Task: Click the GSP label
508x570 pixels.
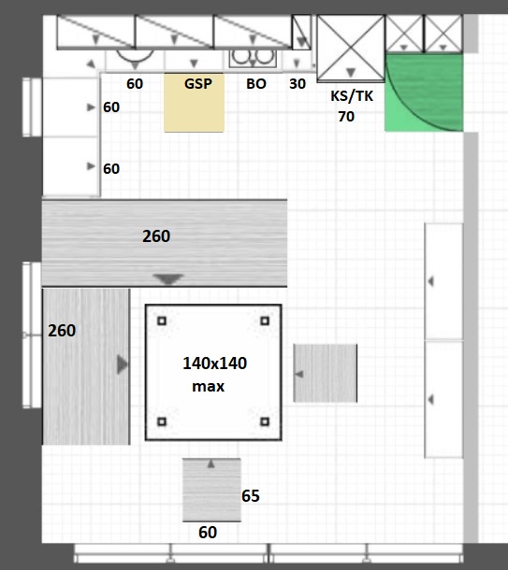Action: pos(198,84)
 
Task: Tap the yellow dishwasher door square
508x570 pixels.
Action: pos(194,103)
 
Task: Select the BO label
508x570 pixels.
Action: pos(256,84)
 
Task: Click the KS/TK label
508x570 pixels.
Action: pos(352,96)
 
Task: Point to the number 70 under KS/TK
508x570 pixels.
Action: pos(346,117)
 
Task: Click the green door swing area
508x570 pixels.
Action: pos(424,93)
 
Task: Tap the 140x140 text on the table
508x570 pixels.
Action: pos(214,363)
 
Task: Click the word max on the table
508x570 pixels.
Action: pos(208,387)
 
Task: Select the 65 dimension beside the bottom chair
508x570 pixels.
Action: pos(251,496)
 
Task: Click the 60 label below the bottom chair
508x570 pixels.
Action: pos(208,533)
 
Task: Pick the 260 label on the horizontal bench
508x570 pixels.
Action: pos(156,236)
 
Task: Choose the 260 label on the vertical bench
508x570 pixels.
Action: pos(62,331)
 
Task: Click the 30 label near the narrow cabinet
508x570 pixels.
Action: pos(298,84)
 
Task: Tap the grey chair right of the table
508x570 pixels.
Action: pos(326,373)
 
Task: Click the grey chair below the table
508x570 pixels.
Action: pos(211,490)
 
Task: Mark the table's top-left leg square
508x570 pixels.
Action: pos(162,321)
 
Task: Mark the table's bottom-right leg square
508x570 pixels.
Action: pos(265,421)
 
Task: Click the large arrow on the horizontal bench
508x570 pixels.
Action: pos(167,279)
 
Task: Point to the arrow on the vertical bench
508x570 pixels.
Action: pos(123,364)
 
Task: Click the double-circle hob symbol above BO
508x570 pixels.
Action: pos(254,57)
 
